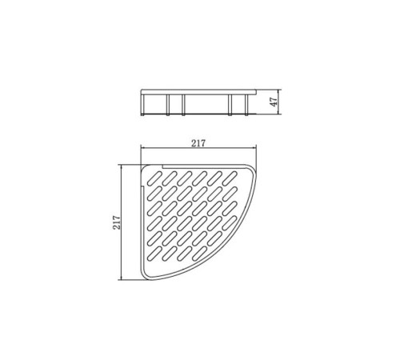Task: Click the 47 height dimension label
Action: pyautogui.click(x=274, y=102)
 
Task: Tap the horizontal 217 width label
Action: pyautogui.click(x=198, y=143)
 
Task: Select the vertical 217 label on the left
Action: pyautogui.click(x=117, y=222)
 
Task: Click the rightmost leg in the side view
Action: pyautogui.click(x=246, y=106)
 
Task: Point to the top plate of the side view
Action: pyautogui.click(x=198, y=92)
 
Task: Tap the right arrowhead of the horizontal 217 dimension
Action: pyautogui.click(x=254, y=147)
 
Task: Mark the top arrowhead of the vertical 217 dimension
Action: pyautogui.click(x=122, y=167)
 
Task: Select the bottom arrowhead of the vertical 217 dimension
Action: pyautogui.click(x=122, y=278)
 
